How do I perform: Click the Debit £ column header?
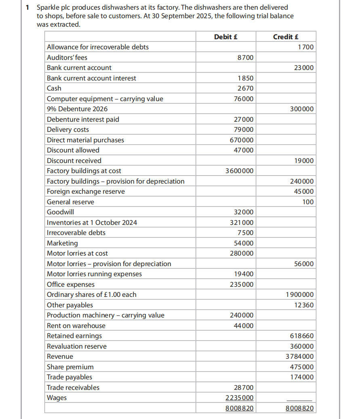click(x=225, y=37)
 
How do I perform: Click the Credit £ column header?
click(x=286, y=37)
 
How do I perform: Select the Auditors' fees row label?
click(x=67, y=57)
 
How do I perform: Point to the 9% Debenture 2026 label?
click(x=77, y=109)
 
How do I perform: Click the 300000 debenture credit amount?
click(x=301, y=109)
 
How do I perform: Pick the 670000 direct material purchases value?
click(x=242, y=140)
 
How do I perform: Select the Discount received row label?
click(x=74, y=161)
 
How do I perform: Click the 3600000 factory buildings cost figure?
click(x=240, y=171)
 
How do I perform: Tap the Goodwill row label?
click(x=60, y=212)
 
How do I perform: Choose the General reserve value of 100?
click(x=308, y=202)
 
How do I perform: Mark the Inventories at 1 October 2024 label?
click(x=92, y=222)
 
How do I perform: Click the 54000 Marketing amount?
click(x=244, y=243)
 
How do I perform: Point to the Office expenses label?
click(x=71, y=284)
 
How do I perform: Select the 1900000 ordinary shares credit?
click(x=299, y=294)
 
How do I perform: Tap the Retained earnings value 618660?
click(x=301, y=336)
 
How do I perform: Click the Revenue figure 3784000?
click(x=299, y=356)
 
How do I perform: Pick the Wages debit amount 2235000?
click(x=240, y=398)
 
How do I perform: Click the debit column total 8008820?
click(x=240, y=408)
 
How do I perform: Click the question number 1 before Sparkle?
click(x=27, y=7)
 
